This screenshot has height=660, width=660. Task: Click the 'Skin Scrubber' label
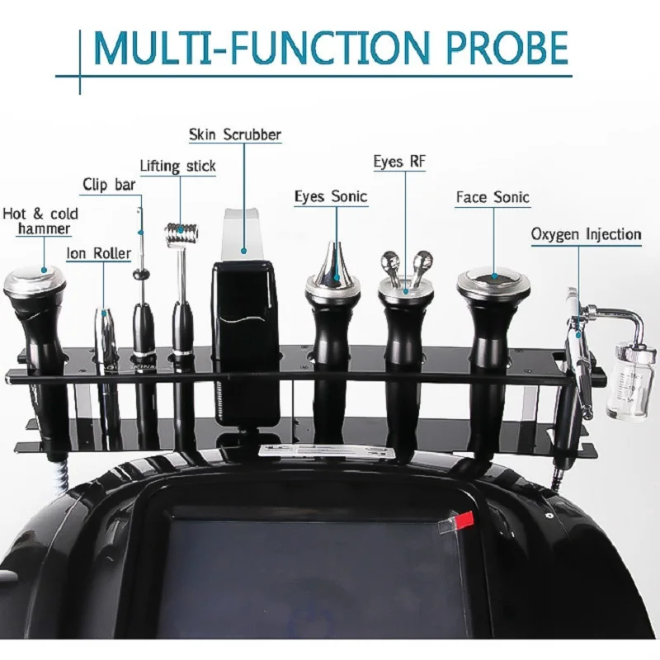click(235, 134)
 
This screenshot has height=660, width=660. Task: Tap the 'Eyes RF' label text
click(399, 162)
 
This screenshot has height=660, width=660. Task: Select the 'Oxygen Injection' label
click(586, 235)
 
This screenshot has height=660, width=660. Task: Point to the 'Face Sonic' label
click(493, 197)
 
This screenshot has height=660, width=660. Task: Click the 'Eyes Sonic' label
click(331, 196)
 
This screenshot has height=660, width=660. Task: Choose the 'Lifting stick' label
click(177, 166)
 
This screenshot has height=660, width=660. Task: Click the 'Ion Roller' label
click(98, 253)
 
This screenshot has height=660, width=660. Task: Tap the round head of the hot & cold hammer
click(35, 281)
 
